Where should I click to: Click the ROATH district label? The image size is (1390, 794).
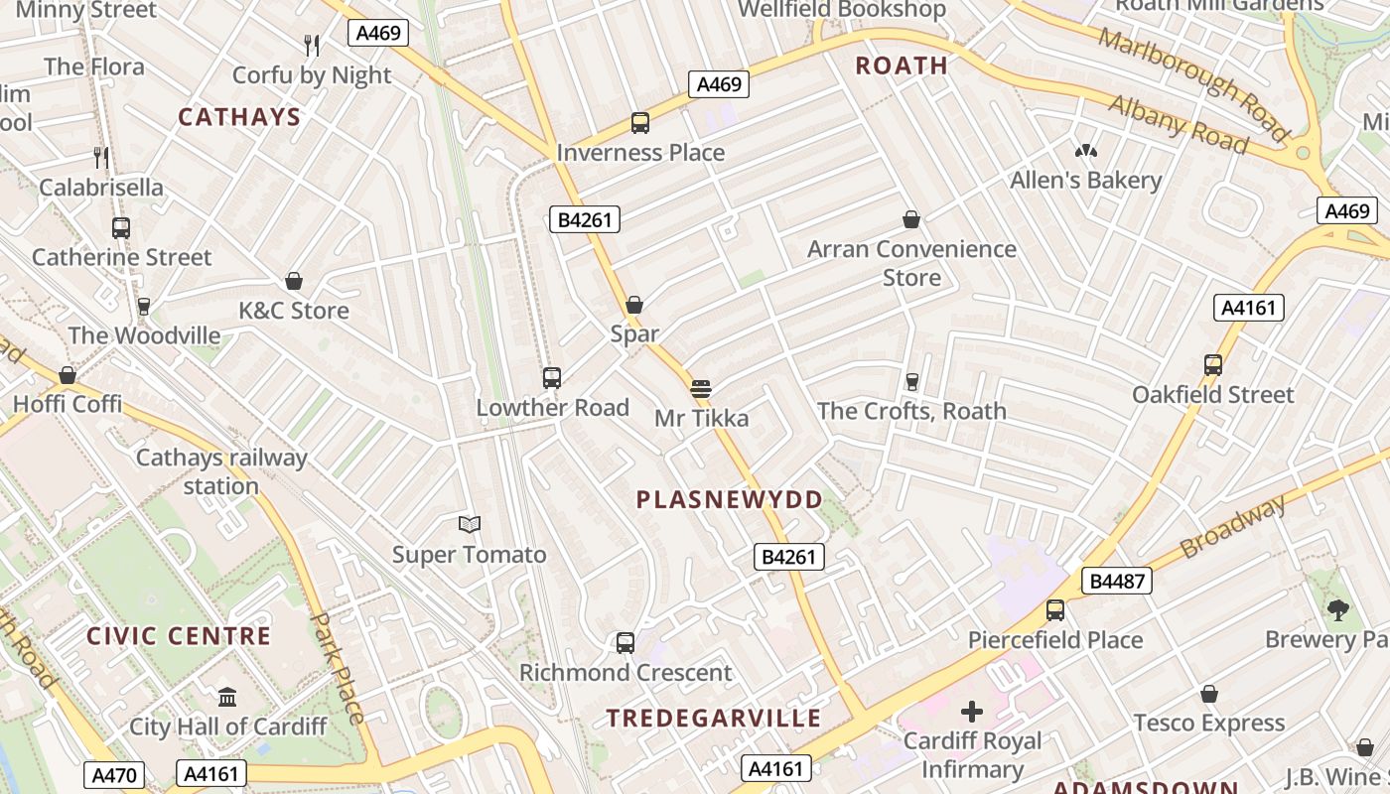click(x=902, y=66)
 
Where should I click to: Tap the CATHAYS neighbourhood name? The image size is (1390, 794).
click(x=239, y=117)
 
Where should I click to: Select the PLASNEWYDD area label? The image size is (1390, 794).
click(x=730, y=499)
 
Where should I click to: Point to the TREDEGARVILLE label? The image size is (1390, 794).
click(x=714, y=718)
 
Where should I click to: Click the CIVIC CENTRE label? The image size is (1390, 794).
click(x=179, y=636)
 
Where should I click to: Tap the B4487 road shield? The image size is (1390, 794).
click(x=1117, y=582)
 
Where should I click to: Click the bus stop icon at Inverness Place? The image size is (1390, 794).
click(x=640, y=123)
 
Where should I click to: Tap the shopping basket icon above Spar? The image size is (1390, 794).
click(x=634, y=305)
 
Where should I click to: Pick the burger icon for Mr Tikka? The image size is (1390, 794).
click(x=701, y=388)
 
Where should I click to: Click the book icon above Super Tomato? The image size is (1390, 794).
click(x=470, y=524)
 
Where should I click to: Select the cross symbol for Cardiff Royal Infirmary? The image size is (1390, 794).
click(x=972, y=711)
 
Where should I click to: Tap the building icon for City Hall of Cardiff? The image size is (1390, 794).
click(x=227, y=697)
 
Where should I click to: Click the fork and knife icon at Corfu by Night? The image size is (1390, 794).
click(x=312, y=45)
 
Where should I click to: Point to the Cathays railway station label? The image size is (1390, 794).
click(x=221, y=471)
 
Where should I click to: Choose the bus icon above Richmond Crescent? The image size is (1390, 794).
click(x=625, y=643)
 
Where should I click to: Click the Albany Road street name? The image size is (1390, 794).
click(x=1178, y=124)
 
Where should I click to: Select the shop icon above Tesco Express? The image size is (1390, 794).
click(x=1209, y=694)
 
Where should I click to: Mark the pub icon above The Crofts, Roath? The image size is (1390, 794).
click(x=911, y=381)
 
